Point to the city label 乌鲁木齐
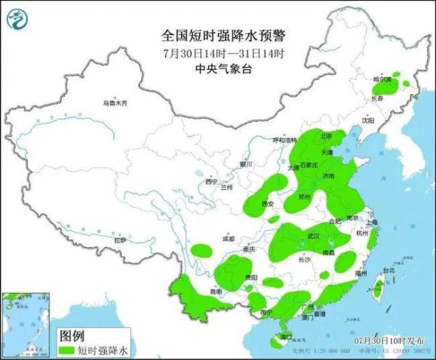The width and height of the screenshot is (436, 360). (x=114, y=104)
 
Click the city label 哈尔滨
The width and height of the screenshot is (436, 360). (x=383, y=77)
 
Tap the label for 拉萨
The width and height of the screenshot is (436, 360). (x=120, y=239)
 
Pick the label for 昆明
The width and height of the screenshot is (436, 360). (x=215, y=291)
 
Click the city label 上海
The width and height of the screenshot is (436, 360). (x=371, y=223)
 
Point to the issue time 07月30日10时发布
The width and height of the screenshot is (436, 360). (x=387, y=340)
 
